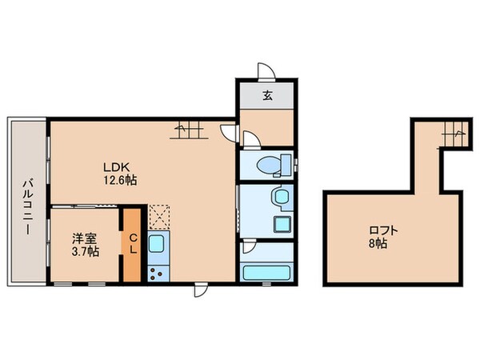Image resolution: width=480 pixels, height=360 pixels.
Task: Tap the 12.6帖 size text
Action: tap(118, 181)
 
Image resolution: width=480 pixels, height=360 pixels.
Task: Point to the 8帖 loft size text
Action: tap(378, 242)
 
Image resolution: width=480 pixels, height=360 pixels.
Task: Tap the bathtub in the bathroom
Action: tap(267, 270)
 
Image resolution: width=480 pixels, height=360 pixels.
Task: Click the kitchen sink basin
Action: tap(157, 243)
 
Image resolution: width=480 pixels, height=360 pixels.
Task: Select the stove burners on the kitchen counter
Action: tap(157, 272)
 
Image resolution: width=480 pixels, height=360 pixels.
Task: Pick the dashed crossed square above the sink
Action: tap(158, 216)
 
